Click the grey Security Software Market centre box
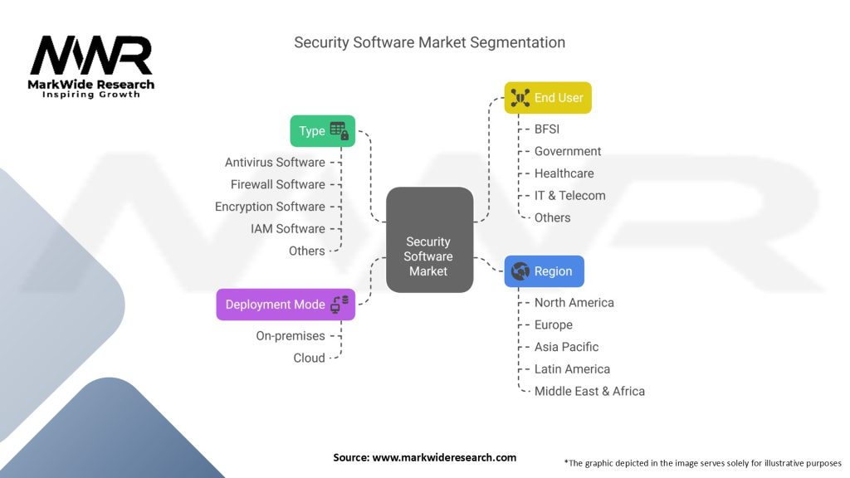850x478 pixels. pyautogui.click(x=429, y=240)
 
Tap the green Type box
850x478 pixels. pyautogui.click(x=322, y=131)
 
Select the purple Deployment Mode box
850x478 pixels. pyautogui.click(x=286, y=305)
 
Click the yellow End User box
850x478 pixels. pyautogui.click(x=548, y=98)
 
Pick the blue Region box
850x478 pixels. pyautogui.click(x=544, y=271)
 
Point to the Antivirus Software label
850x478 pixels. pyautogui.click(x=275, y=163)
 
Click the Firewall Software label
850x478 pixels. pyautogui.click(x=277, y=184)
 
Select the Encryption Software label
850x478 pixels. pyautogui.click(x=270, y=207)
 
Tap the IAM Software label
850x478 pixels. pyautogui.click(x=287, y=228)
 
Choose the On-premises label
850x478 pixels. pyautogui.click(x=290, y=336)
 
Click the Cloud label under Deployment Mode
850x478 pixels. pyautogui.click(x=309, y=358)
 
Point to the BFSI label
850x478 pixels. pyautogui.click(x=547, y=129)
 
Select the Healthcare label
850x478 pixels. pyautogui.click(x=564, y=173)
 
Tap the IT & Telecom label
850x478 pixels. pyautogui.click(x=569, y=196)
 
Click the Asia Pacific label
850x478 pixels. pyautogui.click(x=566, y=347)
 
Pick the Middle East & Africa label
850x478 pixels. pyautogui.click(x=589, y=391)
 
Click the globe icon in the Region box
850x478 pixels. pyautogui.click(x=520, y=271)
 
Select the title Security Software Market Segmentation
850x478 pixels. pyautogui.click(x=429, y=42)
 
